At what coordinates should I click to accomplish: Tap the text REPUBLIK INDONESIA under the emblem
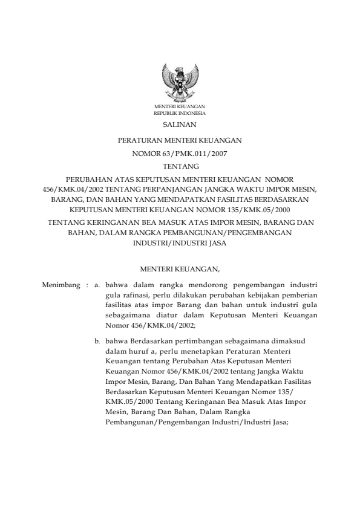pos(180,113)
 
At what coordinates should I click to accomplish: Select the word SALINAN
pos(180,125)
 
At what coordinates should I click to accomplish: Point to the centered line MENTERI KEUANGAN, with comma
pos(180,267)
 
